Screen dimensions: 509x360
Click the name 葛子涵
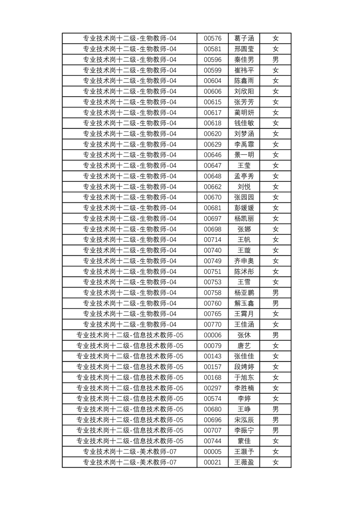pos(244,39)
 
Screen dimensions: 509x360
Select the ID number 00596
pos(212,60)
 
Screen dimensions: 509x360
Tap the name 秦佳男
pos(244,60)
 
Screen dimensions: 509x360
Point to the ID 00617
pos(212,113)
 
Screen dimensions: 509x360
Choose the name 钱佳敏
pos(244,123)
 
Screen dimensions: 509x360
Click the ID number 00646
pos(212,155)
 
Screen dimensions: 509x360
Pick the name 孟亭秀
pos(244,176)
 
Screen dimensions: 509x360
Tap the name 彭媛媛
pos(244,208)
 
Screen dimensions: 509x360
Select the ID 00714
pos(212,240)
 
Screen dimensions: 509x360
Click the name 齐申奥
pos(244,261)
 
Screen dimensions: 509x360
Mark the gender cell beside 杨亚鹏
pos(275,293)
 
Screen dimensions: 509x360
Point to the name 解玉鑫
pos(244,303)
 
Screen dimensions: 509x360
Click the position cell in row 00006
pos(129,335)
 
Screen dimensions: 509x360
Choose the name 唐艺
pos(244,346)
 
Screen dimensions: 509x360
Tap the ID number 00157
pos(212,367)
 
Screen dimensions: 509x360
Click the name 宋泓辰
pos(244,420)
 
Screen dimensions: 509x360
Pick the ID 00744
pos(212,441)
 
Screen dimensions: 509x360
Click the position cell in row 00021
pos(129,462)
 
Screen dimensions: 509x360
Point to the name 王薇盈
pos(244,462)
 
